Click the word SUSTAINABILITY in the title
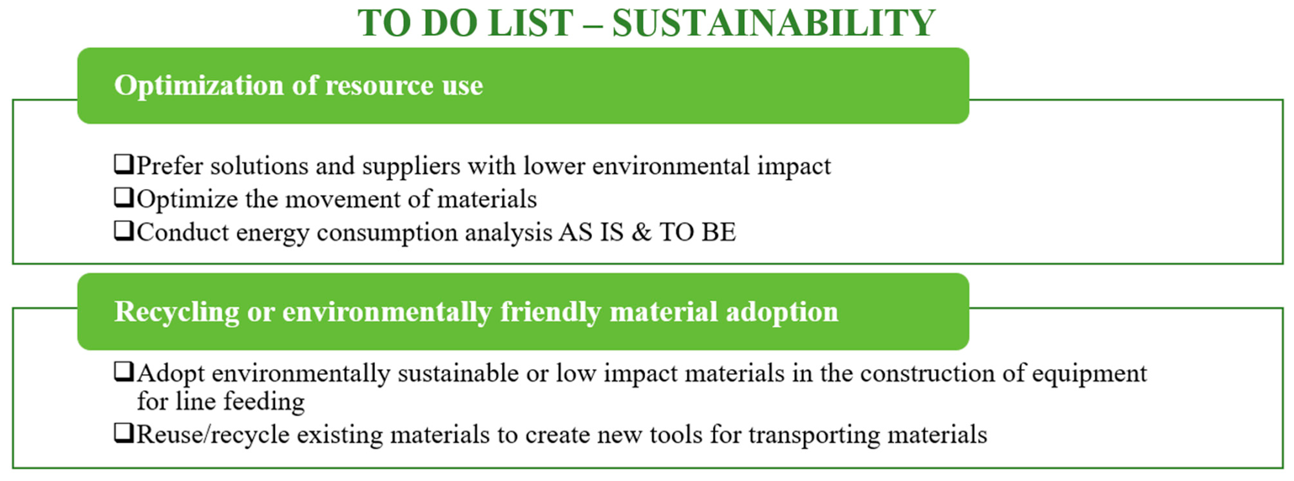(x=774, y=23)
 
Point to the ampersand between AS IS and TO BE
(x=641, y=233)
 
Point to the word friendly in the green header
(x=550, y=312)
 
